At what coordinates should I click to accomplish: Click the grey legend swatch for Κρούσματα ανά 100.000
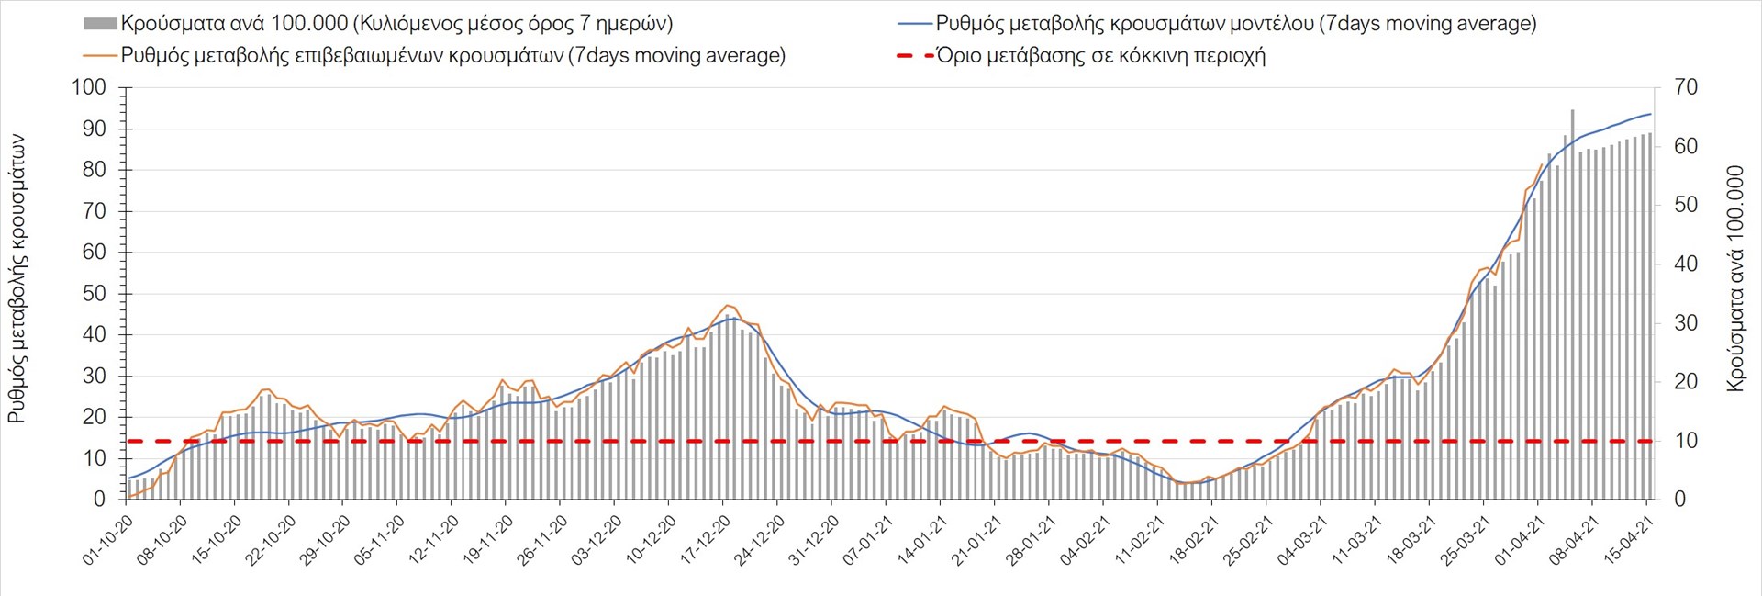(x=100, y=24)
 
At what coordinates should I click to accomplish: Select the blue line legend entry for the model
(x=914, y=24)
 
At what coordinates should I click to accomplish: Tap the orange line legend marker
(x=100, y=56)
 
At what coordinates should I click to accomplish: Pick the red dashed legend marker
(x=914, y=56)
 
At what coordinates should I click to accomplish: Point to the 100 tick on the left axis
(x=89, y=88)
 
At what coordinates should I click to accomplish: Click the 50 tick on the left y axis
(x=95, y=294)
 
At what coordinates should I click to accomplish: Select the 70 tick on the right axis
(x=1686, y=88)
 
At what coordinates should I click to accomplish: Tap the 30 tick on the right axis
(x=1686, y=323)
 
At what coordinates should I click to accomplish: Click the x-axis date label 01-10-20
(x=108, y=540)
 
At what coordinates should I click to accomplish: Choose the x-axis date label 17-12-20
(x=706, y=540)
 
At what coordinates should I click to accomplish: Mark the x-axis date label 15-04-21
(x=1629, y=540)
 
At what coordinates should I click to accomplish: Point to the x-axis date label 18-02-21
(x=1194, y=540)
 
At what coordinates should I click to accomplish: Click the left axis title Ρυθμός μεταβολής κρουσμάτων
(x=17, y=278)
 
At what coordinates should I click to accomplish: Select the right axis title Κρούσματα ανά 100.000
(x=1735, y=278)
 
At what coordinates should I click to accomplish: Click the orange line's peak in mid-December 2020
(x=728, y=306)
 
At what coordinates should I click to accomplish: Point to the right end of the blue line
(x=1651, y=114)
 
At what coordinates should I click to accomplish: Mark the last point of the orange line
(x=1542, y=164)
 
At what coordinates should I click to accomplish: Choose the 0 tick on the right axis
(x=1680, y=500)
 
